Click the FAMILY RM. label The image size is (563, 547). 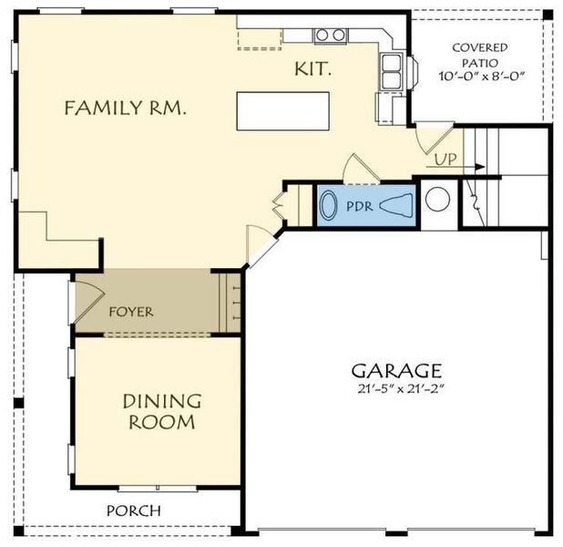point(125,108)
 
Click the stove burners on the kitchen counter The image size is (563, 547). point(331,36)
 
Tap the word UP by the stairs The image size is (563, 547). point(445,160)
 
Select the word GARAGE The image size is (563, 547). point(397,371)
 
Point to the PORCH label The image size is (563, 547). point(133,511)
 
